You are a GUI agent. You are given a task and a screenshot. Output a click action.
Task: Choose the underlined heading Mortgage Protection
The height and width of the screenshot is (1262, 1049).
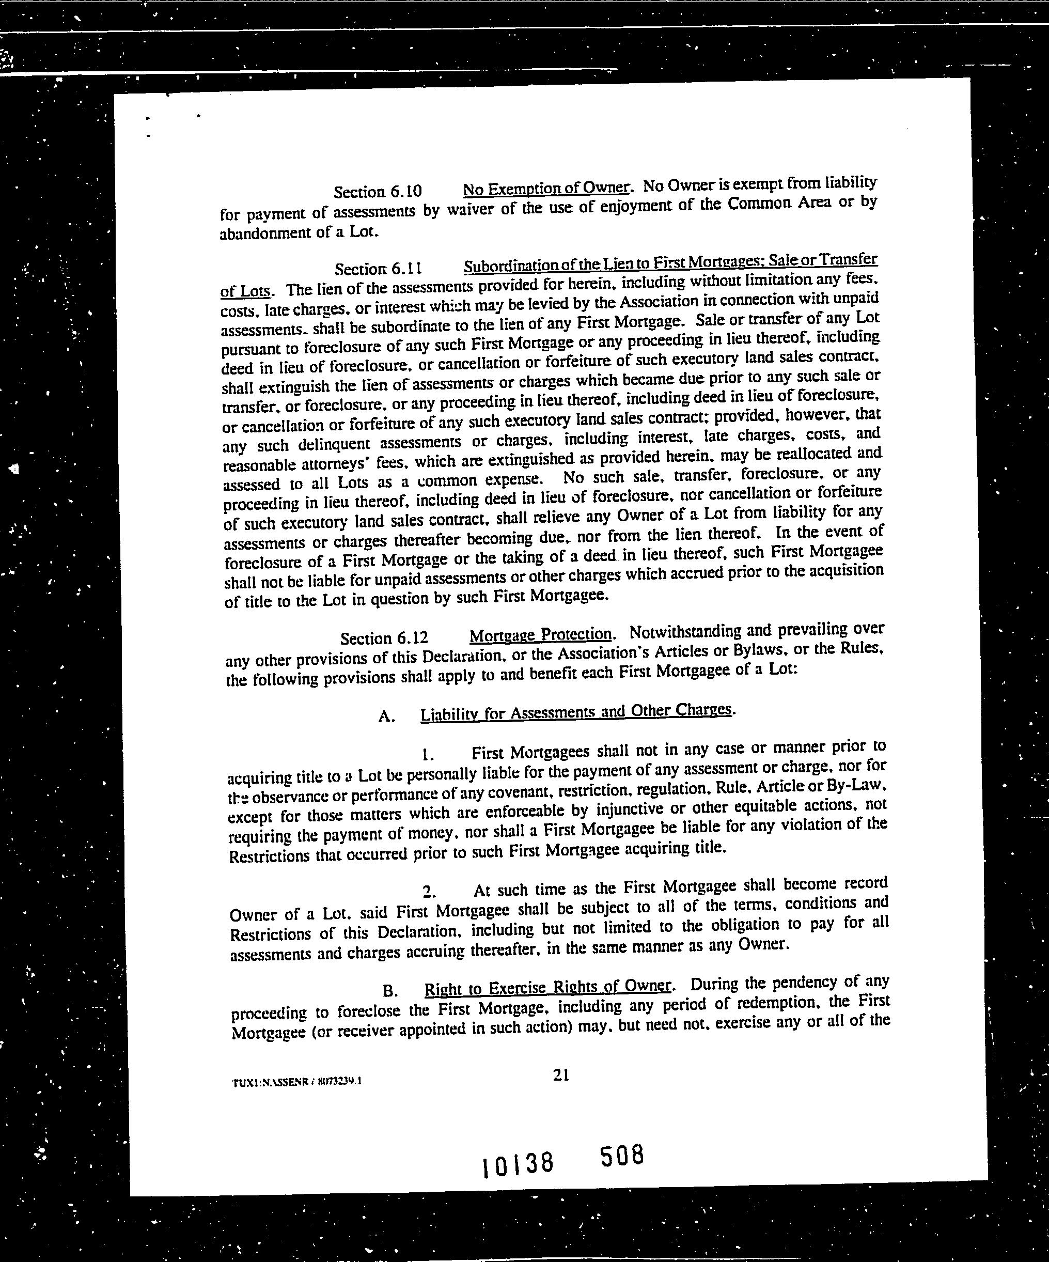540,634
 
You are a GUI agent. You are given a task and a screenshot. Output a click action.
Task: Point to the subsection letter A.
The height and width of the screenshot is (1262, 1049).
386,716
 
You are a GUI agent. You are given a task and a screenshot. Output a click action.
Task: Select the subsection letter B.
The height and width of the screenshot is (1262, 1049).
389,990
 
